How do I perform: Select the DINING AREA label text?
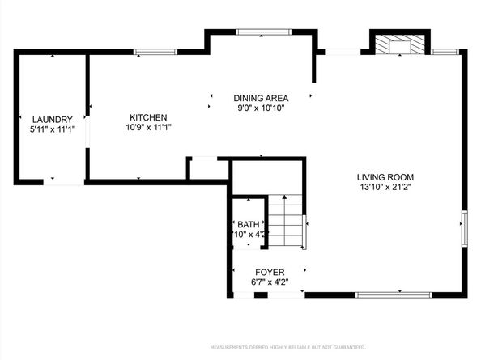click(x=261, y=97)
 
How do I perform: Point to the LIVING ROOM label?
click(x=385, y=177)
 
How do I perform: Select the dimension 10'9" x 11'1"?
click(x=147, y=126)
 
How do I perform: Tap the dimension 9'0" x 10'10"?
click(x=261, y=107)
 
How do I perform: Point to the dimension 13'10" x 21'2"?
click(x=385, y=187)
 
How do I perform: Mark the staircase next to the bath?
click(x=287, y=222)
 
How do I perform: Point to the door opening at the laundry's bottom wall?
click(x=62, y=182)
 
